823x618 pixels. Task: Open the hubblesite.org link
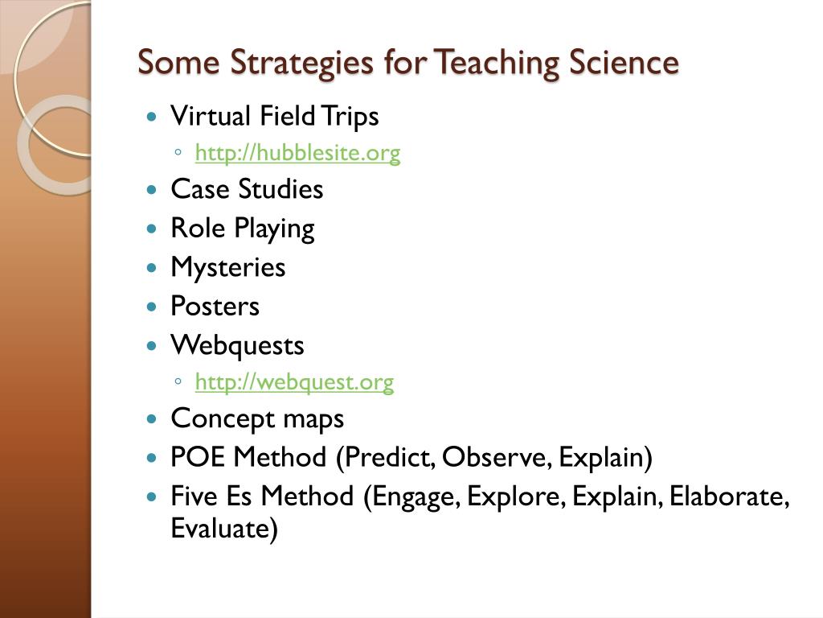pos(297,153)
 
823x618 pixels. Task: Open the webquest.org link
pos(294,382)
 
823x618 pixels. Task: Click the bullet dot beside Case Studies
pos(154,191)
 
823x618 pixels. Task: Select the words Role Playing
pos(242,229)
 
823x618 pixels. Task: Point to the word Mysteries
pos(227,267)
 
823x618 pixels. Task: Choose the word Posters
pos(215,306)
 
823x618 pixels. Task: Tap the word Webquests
pos(237,345)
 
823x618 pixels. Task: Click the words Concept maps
pos(257,418)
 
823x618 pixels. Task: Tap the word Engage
pos(411,496)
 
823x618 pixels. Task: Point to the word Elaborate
pos(727,496)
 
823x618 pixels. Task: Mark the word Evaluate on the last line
pos(223,529)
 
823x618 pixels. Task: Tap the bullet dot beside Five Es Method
pos(154,497)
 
